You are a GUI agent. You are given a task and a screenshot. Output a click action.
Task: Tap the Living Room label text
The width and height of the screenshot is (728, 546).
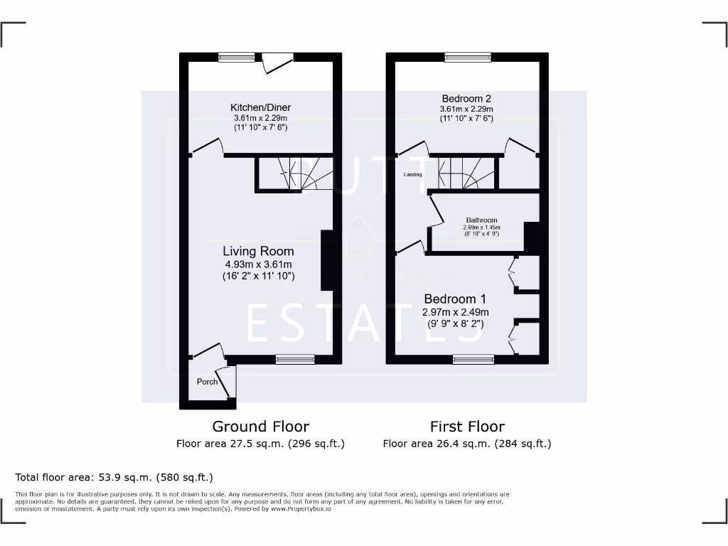click(x=258, y=252)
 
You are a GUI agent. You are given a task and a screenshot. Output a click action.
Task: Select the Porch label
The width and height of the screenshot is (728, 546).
click(x=207, y=382)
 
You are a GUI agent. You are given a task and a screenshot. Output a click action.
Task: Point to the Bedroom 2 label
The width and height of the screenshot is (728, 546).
click(x=466, y=99)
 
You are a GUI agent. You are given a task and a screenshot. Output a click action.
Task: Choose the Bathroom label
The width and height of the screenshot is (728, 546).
click(x=481, y=220)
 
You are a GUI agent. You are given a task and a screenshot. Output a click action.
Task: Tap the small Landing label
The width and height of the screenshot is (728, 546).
click(x=412, y=175)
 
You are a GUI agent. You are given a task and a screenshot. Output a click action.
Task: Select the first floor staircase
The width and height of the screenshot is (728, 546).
click(x=466, y=173)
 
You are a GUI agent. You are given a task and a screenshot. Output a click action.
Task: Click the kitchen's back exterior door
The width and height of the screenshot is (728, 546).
click(x=277, y=63)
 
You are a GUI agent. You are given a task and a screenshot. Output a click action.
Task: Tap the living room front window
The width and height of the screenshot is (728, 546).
click(x=295, y=360)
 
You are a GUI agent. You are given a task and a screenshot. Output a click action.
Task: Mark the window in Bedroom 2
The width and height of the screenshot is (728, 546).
click(x=467, y=58)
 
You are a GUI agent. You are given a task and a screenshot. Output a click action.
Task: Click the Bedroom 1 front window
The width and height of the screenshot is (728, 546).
click(x=473, y=360)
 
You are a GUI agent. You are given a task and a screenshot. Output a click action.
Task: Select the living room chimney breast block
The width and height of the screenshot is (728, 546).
click(x=327, y=260)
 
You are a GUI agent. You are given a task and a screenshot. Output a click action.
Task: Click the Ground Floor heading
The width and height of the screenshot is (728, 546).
click(x=261, y=427)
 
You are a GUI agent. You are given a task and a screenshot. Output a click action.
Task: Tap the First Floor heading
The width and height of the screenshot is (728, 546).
click(x=467, y=427)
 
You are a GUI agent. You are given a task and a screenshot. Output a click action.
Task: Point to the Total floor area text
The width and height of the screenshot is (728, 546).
click(x=114, y=477)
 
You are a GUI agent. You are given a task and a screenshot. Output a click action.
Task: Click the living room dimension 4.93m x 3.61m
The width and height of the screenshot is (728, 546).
click(x=258, y=264)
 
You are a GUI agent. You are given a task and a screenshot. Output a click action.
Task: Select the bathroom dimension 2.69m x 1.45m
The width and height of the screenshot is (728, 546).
click(x=481, y=227)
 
